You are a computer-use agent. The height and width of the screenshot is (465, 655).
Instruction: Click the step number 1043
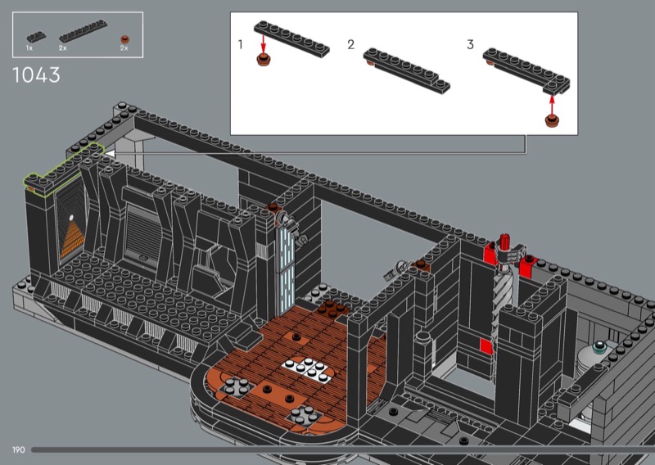coord(36,75)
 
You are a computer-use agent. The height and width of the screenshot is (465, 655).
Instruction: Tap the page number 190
coord(18,450)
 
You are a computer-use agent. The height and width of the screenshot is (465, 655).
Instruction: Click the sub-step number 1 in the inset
coord(240,45)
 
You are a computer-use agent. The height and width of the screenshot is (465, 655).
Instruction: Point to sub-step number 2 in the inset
coord(351,45)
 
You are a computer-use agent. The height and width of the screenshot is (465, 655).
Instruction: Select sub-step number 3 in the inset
coord(470,45)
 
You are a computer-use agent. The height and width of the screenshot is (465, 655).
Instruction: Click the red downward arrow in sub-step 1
coord(263,44)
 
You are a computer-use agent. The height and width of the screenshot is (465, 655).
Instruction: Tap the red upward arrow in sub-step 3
coord(552,105)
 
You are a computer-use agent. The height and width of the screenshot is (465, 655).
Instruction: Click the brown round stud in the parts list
coord(124,39)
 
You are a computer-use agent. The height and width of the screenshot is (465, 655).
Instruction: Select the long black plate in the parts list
coord(84,31)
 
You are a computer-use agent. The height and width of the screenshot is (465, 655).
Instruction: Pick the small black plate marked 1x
coord(36,37)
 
